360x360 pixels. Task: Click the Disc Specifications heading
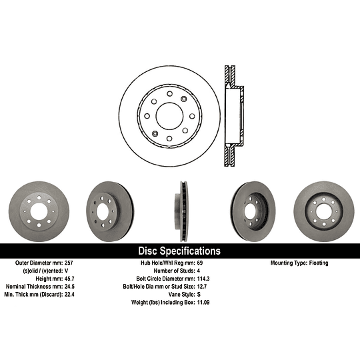tap(179, 251)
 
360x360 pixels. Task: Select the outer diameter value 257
tap(69, 263)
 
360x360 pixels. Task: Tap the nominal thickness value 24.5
tap(69, 287)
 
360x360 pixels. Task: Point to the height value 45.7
tap(69, 279)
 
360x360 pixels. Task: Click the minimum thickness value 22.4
tap(69, 295)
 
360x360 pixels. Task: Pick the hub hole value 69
tap(200, 263)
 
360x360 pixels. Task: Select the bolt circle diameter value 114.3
tap(203, 279)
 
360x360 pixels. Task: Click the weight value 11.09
tap(203, 303)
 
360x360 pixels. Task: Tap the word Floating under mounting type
tap(319, 263)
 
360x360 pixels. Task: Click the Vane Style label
tap(181, 295)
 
